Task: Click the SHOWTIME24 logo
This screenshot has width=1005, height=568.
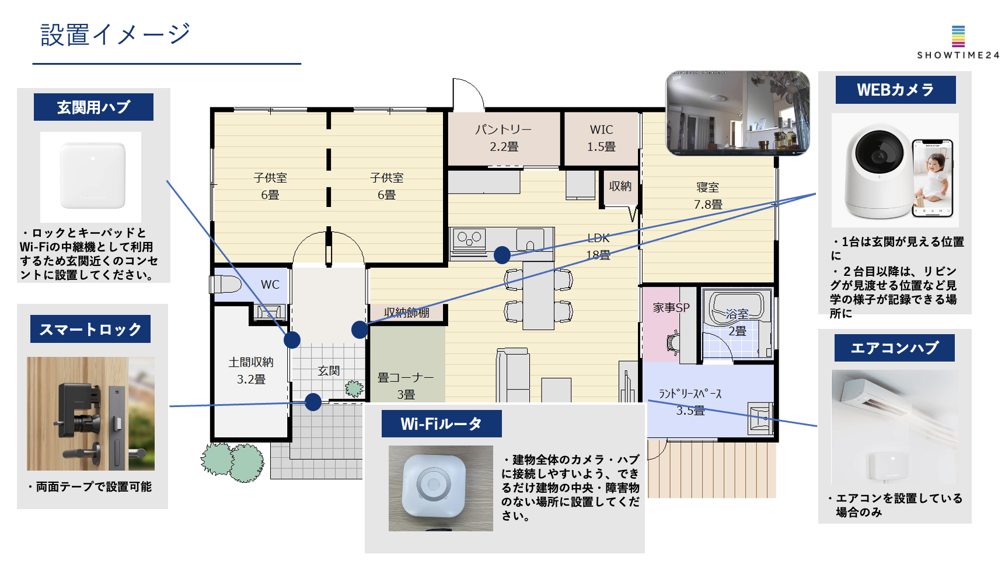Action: tap(958, 42)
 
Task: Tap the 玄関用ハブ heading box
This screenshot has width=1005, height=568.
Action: tap(93, 107)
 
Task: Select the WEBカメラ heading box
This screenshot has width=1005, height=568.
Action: tap(895, 90)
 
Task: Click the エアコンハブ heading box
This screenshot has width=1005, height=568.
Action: tap(894, 348)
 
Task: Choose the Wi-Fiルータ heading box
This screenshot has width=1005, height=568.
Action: tap(441, 424)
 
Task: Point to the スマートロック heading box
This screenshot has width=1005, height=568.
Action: tap(90, 329)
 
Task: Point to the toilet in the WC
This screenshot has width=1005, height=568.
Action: tap(226, 285)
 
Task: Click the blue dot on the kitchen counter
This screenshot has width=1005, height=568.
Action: tap(502, 255)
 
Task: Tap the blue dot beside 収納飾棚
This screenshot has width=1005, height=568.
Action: tap(360, 330)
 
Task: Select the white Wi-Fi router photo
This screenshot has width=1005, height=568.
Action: tap(441, 488)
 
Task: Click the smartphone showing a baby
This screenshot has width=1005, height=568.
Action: tap(932, 178)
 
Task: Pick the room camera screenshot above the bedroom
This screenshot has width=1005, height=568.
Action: tap(738, 113)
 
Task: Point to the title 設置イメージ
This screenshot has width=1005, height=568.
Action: tap(115, 35)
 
